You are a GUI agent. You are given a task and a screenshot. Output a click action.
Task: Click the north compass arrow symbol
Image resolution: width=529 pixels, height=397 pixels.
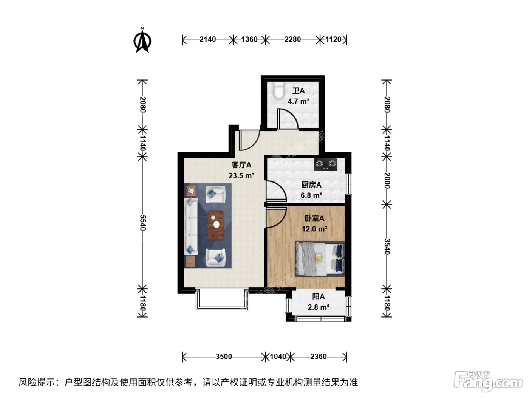(142, 40)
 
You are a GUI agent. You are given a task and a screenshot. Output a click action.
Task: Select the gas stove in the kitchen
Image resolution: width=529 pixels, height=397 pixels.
(326, 164)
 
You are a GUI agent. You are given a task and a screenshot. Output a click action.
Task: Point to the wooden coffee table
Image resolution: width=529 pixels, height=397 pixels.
(215, 226)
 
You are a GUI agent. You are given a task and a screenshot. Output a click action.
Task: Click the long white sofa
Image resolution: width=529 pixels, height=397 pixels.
(191, 226)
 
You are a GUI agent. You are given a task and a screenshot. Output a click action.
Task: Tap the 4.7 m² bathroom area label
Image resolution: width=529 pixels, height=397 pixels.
(299, 101)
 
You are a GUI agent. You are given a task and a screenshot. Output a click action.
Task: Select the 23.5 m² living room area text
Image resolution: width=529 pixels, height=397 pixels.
(241, 175)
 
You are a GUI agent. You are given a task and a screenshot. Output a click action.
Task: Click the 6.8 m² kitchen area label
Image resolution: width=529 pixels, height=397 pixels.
(311, 195)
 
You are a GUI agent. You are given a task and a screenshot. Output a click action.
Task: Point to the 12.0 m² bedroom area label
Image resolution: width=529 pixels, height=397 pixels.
(314, 229)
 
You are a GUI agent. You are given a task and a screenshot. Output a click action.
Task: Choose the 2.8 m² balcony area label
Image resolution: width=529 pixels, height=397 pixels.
(319, 307)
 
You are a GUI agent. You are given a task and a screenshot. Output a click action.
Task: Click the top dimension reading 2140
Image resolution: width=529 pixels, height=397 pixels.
(207, 39)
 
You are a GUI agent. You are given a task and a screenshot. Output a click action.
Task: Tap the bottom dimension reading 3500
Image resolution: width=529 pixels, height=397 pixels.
(224, 357)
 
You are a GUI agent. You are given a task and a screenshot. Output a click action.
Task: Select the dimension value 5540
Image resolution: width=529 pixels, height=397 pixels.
(143, 222)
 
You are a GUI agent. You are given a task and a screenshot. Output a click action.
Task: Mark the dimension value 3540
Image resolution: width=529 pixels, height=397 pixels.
(387, 247)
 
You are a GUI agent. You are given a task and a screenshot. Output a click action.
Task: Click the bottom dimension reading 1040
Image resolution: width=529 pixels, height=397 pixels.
(278, 357)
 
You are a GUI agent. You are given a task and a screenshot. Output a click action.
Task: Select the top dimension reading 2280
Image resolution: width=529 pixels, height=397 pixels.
(292, 39)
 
